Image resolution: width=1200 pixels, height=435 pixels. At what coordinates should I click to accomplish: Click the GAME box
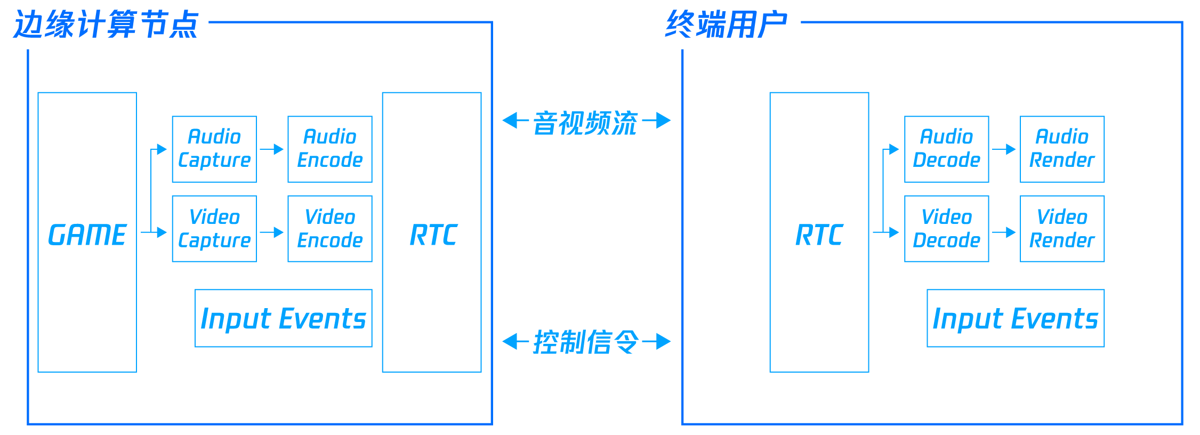pyautogui.click(x=87, y=232)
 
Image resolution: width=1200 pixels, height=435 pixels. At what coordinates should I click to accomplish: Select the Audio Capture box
pyautogui.click(x=214, y=149)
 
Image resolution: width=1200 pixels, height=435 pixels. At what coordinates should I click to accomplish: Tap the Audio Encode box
pyautogui.click(x=330, y=149)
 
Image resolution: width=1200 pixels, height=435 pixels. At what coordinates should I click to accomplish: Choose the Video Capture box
pyautogui.click(x=214, y=229)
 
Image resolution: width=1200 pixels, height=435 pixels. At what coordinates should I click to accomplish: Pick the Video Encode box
pyautogui.click(x=330, y=229)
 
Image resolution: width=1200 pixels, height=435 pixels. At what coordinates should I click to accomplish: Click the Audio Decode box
pyautogui.click(x=946, y=149)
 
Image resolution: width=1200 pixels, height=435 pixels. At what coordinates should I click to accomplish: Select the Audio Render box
pyautogui.click(x=1062, y=149)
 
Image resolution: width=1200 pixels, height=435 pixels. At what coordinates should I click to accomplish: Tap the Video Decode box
pyautogui.click(x=946, y=229)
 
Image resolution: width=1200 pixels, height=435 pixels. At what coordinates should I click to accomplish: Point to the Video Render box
pyautogui.click(x=1062, y=229)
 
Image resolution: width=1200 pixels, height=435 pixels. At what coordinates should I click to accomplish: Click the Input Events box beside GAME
pyautogui.click(x=284, y=318)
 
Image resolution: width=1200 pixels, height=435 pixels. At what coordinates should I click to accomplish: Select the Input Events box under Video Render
pyautogui.click(x=1016, y=318)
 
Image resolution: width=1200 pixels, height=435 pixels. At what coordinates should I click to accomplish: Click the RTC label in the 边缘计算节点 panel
pyautogui.click(x=433, y=235)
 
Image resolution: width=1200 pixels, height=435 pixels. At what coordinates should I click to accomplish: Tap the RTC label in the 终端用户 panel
pyautogui.click(x=819, y=235)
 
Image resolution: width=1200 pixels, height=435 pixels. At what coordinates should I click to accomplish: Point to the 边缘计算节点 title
pyautogui.click(x=106, y=25)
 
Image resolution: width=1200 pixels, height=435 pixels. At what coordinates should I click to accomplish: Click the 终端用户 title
pyautogui.click(x=726, y=25)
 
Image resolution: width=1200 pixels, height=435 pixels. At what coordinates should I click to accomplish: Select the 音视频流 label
pyautogui.click(x=585, y=123)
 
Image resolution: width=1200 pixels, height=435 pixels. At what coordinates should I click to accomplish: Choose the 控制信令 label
pyautogui.click(x=585, y=342)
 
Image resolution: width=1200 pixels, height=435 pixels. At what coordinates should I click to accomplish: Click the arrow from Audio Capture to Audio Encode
pyautogui.click(x=272, y=149)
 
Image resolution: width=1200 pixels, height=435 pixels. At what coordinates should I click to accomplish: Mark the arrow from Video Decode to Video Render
pyautogui.click(x=1004, y=232)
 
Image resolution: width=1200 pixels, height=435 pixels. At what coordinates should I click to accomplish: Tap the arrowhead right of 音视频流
pyautogui.click(x=663, y=120)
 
